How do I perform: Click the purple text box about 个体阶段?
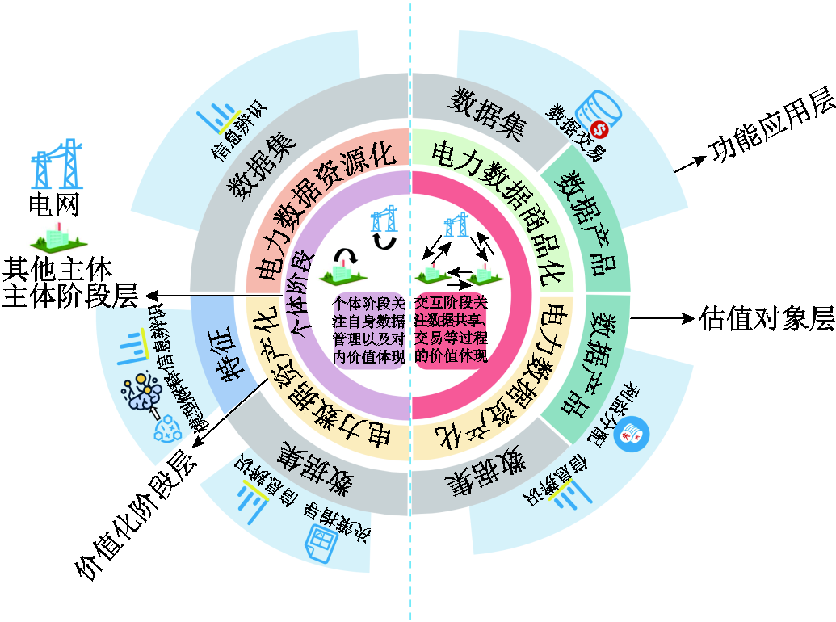coord(368,330)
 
